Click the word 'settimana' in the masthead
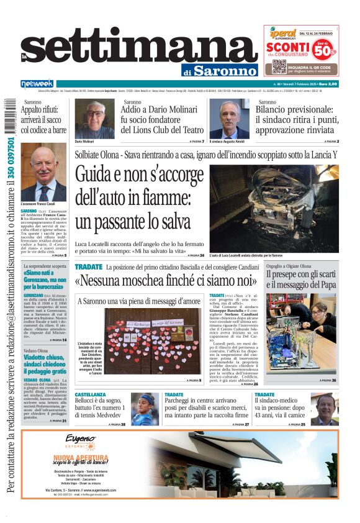[139, 50]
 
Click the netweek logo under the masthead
[37, 84]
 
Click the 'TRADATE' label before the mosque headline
[89, 267]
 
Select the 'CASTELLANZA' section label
[91, 394]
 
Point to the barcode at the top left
[8, 115]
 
